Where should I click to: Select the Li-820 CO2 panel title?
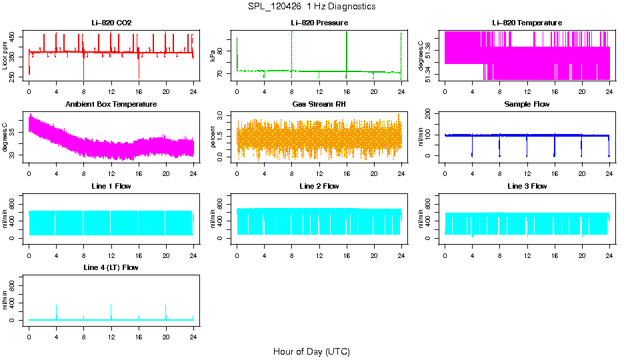(111, 23)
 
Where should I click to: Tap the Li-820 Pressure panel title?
(319, 23)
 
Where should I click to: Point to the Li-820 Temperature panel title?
(527, 23)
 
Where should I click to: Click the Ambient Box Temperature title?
(111, 104)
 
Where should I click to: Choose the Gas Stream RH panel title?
(319, 104)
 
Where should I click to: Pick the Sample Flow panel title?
(527, 104)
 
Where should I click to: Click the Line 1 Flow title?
(111, 186)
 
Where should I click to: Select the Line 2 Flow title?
(319, 186)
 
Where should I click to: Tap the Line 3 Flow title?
(527, 186)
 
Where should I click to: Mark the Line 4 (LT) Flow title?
(111, 267)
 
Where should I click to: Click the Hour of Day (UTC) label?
(311, 351)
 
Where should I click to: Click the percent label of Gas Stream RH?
(213, 137)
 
